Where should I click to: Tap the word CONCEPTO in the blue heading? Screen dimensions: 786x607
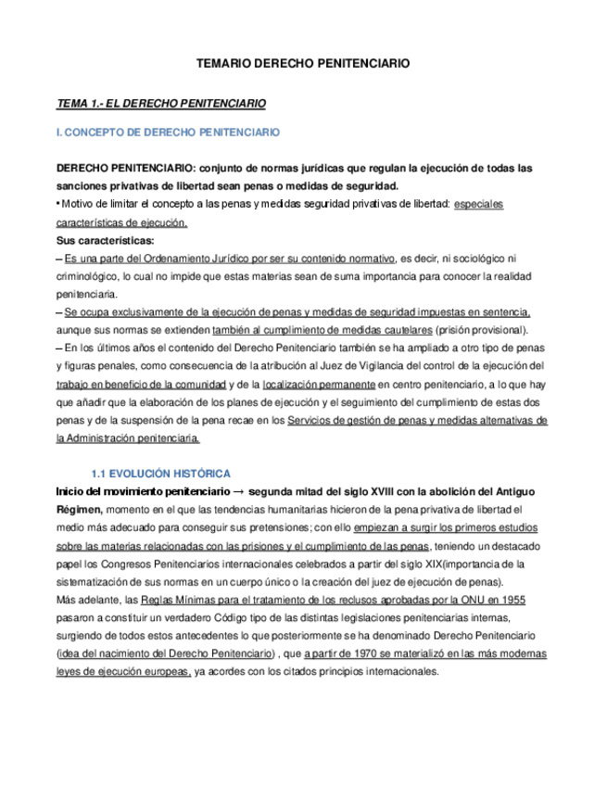tap(97, 133)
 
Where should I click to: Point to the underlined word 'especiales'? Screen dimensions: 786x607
tap(479, 204)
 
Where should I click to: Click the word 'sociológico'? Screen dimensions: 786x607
tap(470, 258)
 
